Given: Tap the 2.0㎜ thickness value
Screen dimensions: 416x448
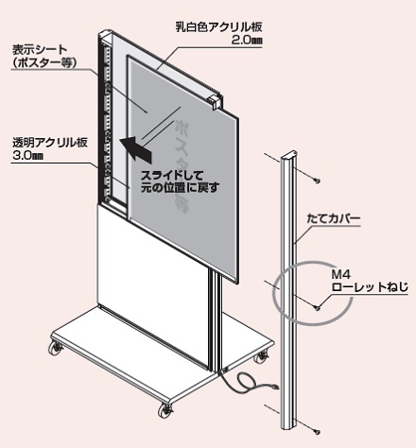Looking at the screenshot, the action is coord(247,42).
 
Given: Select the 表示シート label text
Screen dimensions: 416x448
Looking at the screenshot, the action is coord(40,50).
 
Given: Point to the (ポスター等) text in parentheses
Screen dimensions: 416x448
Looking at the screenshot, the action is coord(43,63).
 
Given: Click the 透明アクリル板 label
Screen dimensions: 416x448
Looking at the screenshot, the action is coord(50,143).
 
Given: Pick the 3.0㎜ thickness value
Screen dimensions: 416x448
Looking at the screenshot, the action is coord(27,156).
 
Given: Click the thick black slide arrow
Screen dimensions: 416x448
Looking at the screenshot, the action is coord(136,148).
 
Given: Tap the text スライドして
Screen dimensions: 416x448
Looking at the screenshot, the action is coord(172,176).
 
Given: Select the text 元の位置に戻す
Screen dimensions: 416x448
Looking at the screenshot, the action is coord(180,188).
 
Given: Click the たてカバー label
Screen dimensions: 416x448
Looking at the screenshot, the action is coord(333,218).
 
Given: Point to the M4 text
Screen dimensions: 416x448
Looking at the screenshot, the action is coord(340,275).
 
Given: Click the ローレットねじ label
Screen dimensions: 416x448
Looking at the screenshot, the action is coord(370,287).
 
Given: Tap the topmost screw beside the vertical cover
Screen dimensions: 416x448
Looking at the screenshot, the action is coord(317,181).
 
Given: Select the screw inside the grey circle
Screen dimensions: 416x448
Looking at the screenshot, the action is coord(317,307).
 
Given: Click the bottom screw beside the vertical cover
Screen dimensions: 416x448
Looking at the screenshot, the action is coord(317,430).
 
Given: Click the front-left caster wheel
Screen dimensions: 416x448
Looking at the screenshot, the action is coord(56,348).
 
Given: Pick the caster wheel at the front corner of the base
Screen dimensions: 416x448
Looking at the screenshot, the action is coord(165,410).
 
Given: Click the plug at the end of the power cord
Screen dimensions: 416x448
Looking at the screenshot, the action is coord(273,387).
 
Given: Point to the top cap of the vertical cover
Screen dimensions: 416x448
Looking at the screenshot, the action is coord(290,154).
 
